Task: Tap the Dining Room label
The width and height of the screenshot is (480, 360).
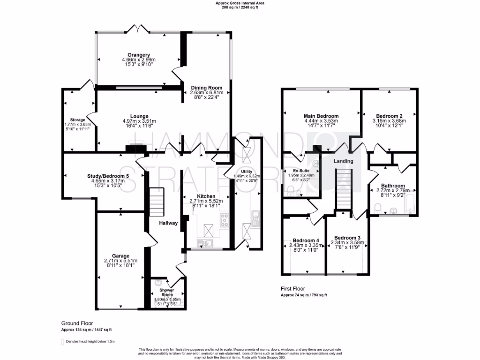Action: [x=206, y=88]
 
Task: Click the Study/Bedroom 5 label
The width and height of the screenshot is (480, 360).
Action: [x=108, y=176]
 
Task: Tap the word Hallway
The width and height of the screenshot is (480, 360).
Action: [x=168, y=223]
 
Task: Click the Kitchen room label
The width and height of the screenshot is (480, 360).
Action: [x=206, y=196]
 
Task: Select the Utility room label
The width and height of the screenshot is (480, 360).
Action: [x=247, y=172]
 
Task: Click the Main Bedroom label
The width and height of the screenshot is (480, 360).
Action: [x=321, y=116]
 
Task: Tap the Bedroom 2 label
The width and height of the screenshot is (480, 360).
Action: [x=389, y=116]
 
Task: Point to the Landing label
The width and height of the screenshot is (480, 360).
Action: [x=343, y=161]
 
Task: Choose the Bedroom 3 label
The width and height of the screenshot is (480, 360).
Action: [x=347, y=237]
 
